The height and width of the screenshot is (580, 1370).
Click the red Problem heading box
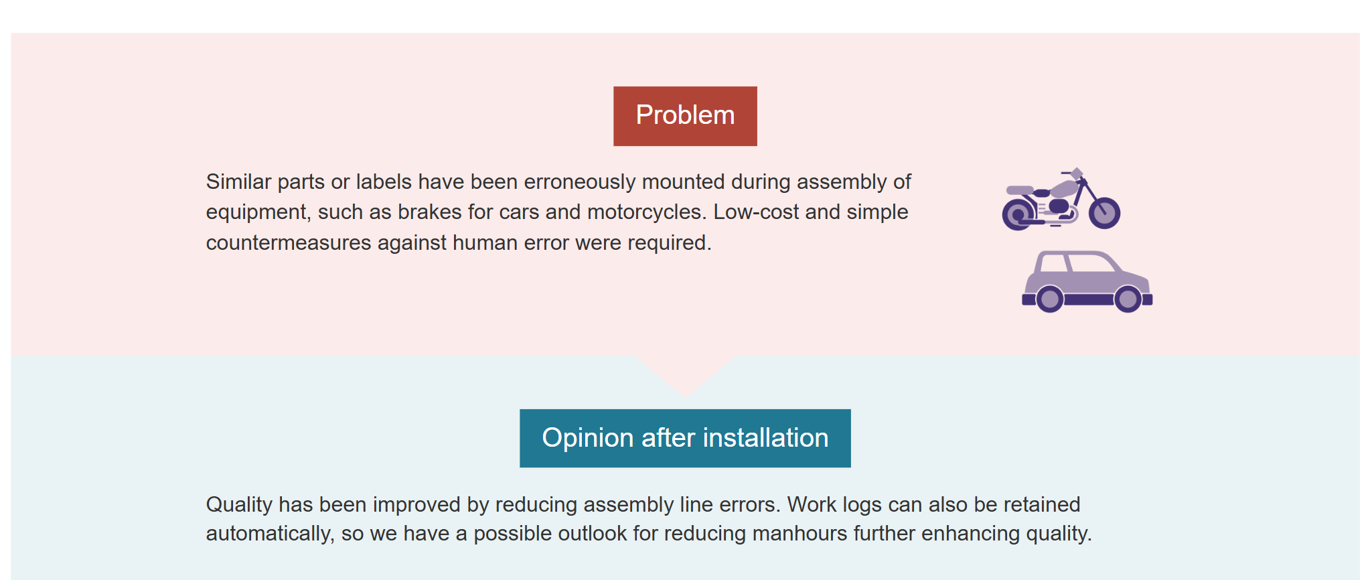coord(685,116)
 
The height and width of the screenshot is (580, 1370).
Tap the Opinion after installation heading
coord(685,438)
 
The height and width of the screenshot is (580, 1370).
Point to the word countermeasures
coord(289,242)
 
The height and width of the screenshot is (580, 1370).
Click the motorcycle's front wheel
coord(1104,213)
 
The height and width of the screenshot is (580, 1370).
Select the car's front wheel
coord(1128,299)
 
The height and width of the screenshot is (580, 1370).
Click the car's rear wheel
coord(1049,299)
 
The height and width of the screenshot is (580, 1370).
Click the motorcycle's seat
coord(1020,190)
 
